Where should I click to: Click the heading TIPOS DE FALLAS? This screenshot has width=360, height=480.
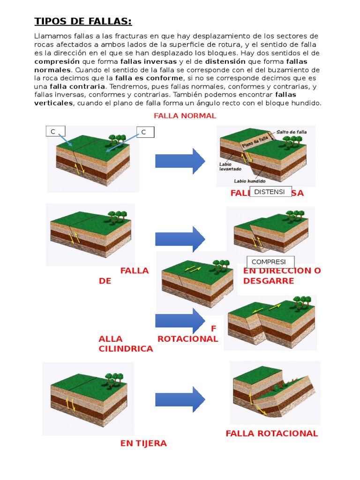(83, 22)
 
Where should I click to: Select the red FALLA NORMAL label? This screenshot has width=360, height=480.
(185, 116)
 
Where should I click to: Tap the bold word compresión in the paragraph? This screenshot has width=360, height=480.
(57, 61)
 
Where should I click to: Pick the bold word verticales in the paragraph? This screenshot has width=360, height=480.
(53, 103)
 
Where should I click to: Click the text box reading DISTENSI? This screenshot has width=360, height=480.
(270, 191)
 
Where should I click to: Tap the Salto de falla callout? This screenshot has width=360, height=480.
(292, 132)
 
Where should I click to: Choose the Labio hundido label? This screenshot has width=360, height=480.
(250, 181)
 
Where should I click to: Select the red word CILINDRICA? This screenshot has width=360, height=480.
(126, 349)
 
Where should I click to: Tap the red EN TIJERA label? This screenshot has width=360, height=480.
(143, 443)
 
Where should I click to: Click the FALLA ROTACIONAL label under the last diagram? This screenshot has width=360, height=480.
(272, 433)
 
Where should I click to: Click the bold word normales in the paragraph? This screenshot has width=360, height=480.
(51, 70)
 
